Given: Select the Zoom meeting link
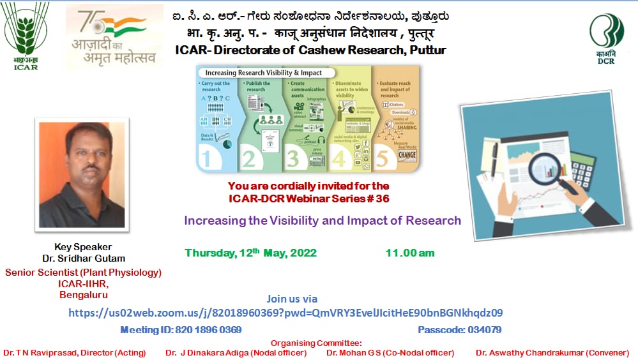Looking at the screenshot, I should tap(285, 313).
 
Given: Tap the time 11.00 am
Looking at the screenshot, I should tap(409, 253).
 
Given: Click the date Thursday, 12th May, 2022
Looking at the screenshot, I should tap(251, 253).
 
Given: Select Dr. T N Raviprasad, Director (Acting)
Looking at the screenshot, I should tap(74, 352).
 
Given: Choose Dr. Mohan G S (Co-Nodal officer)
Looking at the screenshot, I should tap(390, 352).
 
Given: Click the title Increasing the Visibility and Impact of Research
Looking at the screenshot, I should tap(323, 221).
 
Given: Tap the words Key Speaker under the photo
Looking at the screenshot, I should tap(83, 247).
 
